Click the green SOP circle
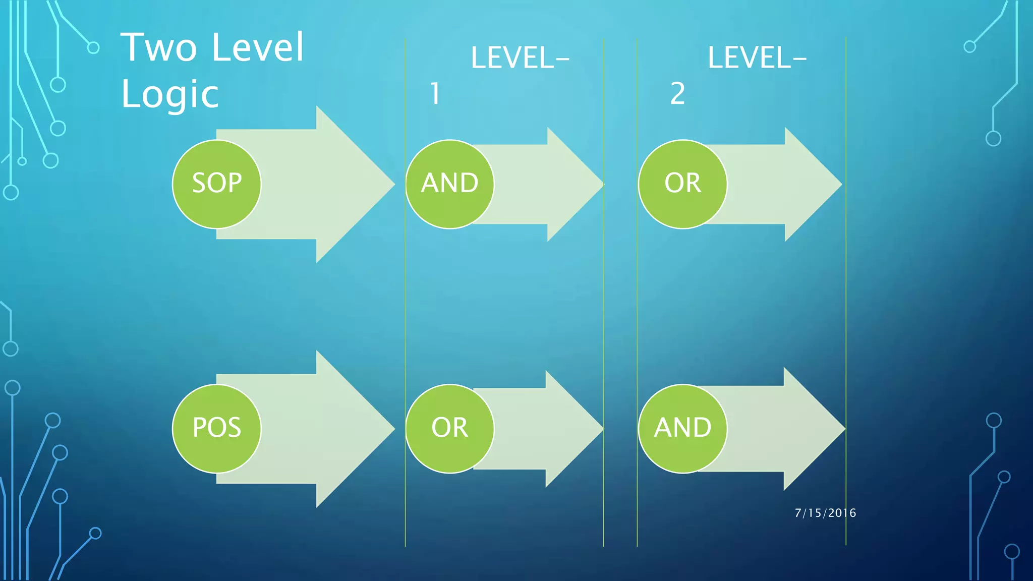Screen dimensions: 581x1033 coord(217,184)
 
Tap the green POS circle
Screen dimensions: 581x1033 coord(217,429)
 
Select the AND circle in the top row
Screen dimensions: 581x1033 coord(449,184)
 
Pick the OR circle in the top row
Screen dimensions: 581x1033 coord(682,184)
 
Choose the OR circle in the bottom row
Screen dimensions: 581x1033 coord(449,429)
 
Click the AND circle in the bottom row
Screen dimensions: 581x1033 coord(682,429)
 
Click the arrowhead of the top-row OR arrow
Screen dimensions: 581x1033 coord(812,185)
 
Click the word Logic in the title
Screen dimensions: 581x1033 coord(170,94)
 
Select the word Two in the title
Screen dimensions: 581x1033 coord(158,48)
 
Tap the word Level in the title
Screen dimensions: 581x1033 coord(258,48)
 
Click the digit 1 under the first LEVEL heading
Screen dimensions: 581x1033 coord(435,94)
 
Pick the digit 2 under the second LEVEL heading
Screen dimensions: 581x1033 coord(677,94)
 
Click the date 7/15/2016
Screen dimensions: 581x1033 coord(825,513)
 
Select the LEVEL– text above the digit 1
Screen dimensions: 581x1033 coord(520,58)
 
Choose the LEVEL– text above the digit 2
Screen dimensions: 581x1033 coord(757,58)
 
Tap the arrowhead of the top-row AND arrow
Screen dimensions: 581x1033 coord(575,185)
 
